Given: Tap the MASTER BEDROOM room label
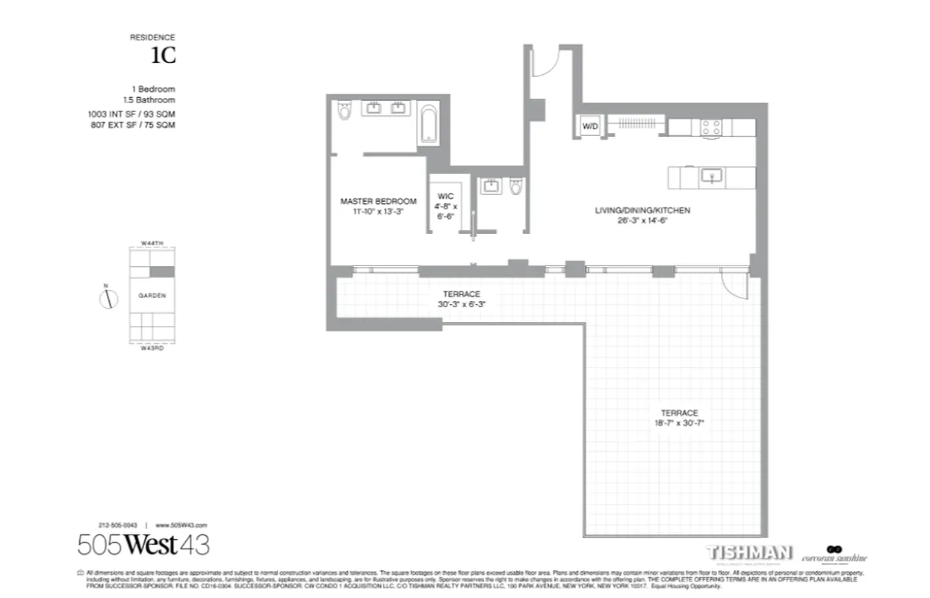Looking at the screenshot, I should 378,201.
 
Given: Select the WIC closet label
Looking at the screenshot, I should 445,197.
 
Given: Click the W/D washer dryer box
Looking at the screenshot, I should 590,126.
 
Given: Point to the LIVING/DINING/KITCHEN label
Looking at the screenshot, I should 642,211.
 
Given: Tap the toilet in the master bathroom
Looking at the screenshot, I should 344,111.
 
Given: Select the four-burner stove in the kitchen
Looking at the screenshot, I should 710,127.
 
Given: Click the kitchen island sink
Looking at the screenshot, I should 710,177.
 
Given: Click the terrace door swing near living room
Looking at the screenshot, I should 737,285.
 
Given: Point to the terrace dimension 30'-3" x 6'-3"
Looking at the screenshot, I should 459,304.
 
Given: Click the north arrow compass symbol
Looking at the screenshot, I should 109,299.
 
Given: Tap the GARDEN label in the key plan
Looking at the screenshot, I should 152,295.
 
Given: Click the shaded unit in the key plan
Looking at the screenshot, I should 162,272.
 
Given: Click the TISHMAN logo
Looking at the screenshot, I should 749,553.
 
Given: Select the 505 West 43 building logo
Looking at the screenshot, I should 143,544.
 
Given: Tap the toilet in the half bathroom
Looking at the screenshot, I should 515,185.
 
